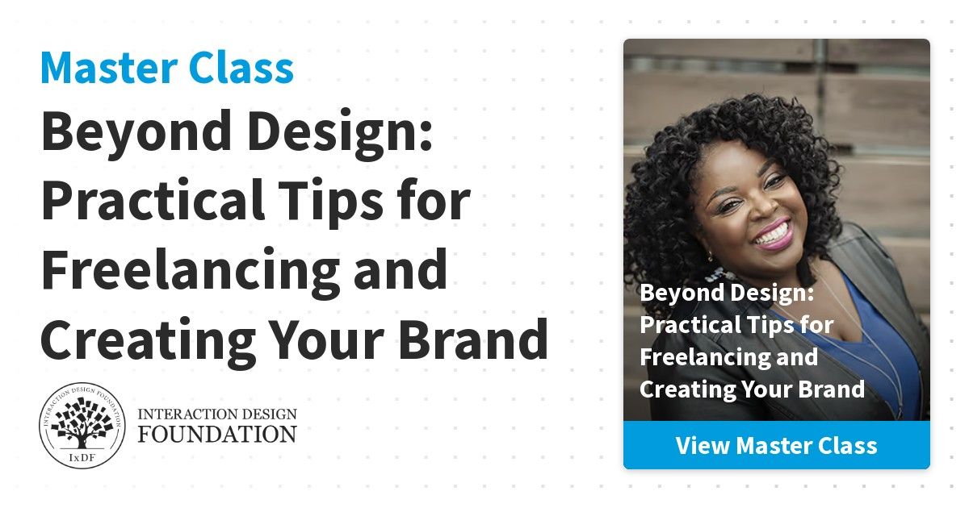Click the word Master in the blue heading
109,68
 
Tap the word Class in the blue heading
241,68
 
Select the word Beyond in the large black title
136,134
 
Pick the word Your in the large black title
328,340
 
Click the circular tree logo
82,426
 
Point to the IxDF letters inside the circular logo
82,457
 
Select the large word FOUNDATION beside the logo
217,434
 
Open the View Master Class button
777,445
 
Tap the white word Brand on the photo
832,389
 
